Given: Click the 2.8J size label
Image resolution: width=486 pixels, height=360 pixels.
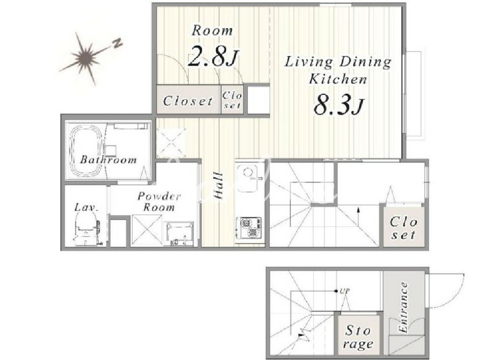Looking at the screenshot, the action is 213,56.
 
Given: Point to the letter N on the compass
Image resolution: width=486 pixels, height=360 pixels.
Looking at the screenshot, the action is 117,43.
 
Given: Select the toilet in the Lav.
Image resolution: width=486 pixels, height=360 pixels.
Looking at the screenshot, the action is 86,229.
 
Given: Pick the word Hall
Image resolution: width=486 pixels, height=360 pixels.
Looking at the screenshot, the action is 219,186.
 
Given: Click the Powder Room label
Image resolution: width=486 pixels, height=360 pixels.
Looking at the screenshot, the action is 159,201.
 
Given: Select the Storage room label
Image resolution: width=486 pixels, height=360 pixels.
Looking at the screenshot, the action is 358,337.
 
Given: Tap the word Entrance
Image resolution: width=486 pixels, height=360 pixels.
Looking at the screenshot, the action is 403,307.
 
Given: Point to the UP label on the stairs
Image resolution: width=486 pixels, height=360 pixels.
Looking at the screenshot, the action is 344,291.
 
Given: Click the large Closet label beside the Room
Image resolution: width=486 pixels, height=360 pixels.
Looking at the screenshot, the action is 188,101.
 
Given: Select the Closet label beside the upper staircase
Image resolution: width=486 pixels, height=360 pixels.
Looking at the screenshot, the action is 403,228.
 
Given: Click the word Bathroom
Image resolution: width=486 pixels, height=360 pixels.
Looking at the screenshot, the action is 109,160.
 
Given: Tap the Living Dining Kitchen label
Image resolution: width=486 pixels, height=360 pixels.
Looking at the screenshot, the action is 338,70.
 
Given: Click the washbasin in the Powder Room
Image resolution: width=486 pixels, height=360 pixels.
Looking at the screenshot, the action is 179,234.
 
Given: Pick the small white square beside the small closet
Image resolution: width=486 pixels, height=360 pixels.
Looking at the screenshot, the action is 258,100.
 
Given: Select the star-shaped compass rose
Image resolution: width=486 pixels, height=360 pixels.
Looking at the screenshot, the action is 84,57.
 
